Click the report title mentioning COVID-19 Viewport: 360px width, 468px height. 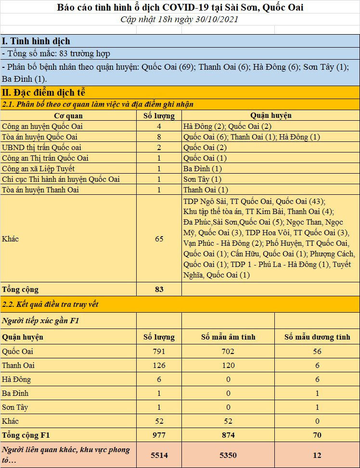(180, 7)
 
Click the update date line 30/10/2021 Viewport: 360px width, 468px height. (180, 19)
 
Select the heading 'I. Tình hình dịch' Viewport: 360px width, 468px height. (36, 41)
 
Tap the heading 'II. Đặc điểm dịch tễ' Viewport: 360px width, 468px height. (43, 92)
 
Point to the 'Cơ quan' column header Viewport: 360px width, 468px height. (68, 115)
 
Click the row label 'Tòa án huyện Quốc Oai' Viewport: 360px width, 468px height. (40, 137)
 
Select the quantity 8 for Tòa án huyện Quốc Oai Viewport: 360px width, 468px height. (159, 137)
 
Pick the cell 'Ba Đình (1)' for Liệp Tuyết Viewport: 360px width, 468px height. (203, 168)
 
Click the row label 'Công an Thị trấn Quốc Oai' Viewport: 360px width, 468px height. (47, 158)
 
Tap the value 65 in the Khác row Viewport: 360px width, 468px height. (159, 239)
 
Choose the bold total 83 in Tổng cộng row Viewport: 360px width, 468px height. (159, 289)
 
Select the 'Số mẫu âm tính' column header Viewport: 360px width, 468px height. (228, 337)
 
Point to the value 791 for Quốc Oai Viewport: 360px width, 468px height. (159, 351)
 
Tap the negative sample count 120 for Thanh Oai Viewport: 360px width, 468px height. (228, 365)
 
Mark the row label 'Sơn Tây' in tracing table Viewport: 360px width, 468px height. (15, 407)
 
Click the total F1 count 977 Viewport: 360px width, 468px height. (159, 435)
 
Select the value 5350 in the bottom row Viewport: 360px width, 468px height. (228, 455)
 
